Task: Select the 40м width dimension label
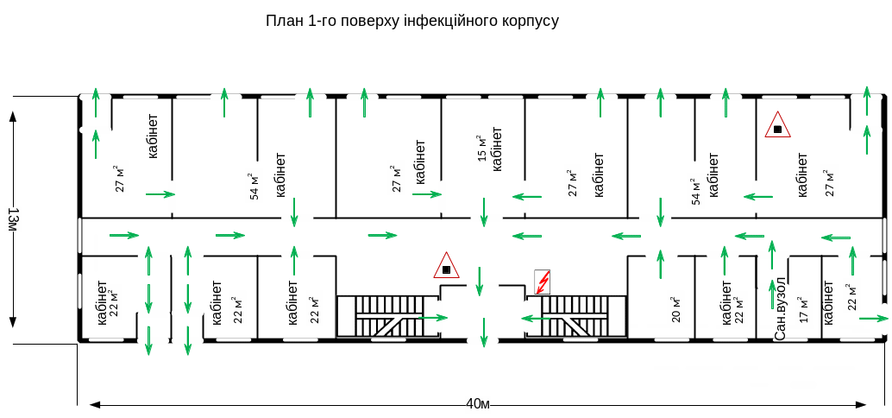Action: (x=478, y=404)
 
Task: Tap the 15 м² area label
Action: (x=481, y=148)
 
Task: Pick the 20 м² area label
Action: (x=675, y=307)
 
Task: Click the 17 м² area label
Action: (x=804, y=310)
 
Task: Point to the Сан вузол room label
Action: (x=780, y=308)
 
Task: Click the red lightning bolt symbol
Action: (x=543, y=282)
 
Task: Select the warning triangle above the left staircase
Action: (x=445, y=265)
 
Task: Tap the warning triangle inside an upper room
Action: (x=777, y=125)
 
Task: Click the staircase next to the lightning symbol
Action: (x=574, y=317)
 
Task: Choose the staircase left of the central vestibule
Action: (x=388, y=317)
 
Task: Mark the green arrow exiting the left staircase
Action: (x=433, y=318)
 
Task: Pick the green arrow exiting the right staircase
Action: (x=537, y=318)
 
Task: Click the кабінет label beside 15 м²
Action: (x=496, y=150)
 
